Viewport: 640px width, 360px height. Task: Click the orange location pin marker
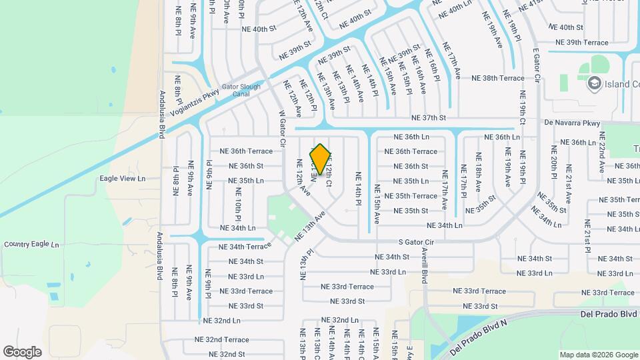click(321, 159)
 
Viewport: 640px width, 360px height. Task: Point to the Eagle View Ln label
click(122, 179)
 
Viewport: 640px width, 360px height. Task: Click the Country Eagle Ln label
click(31, 245)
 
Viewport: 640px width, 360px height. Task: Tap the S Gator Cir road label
click(416, 241)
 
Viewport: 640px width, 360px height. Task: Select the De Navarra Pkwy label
click(572, 123)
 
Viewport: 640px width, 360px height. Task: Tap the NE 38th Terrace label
click(498, 78)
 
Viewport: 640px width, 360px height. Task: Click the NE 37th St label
click(429, 117)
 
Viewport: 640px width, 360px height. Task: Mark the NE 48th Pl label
click(176, 181)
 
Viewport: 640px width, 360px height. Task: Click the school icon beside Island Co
click(593, 83)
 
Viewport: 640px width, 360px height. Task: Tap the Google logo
click(22, 352)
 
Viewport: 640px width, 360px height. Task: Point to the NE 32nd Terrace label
click(222, 339)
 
